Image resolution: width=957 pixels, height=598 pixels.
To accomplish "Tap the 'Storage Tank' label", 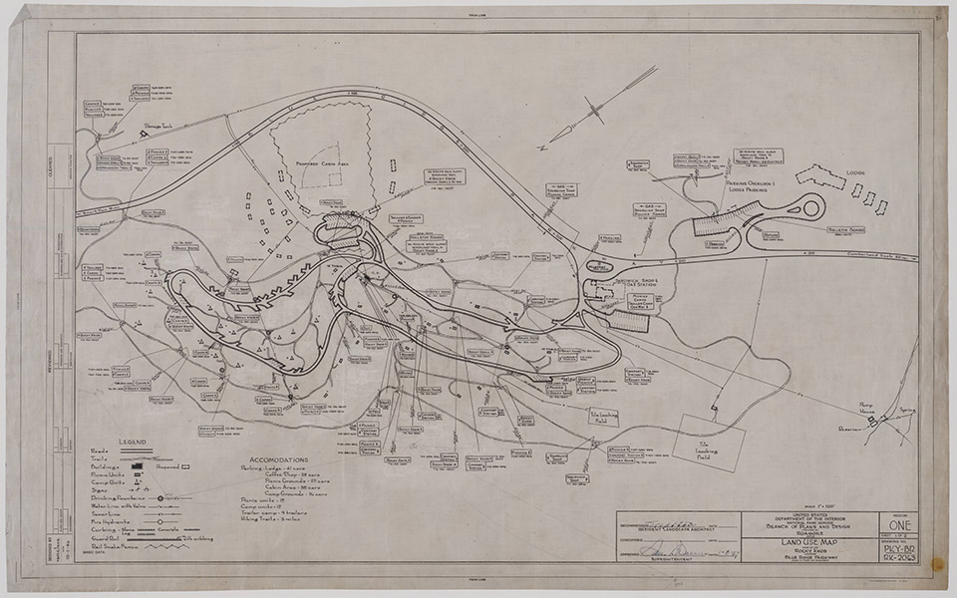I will [159, 125].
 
